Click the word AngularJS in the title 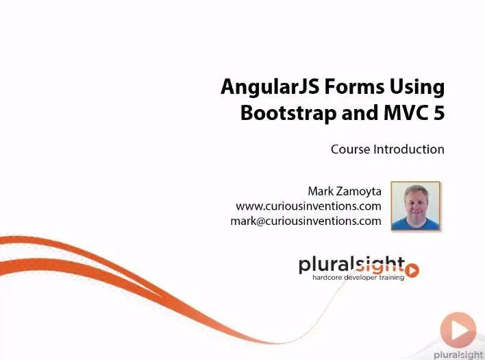[270, 87]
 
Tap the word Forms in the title [354, 86]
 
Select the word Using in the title [417, 88]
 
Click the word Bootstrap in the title [288, 112]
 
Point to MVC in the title [404, 112]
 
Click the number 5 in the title [439, 113]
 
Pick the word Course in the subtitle [351, 149]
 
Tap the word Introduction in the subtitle [409, 149]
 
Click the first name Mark [321, 191]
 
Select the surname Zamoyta [359, 191]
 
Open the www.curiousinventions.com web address [308, 206]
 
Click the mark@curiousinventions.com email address [306, 221]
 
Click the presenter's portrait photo [415, 206]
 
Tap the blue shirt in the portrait [415, 224]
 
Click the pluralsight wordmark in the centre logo [351, 265]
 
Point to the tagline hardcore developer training [358, 277]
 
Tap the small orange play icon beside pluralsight [412, 270]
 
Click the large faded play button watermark [458, 330]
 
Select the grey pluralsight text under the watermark [459, 355]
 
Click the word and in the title [360, 112]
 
